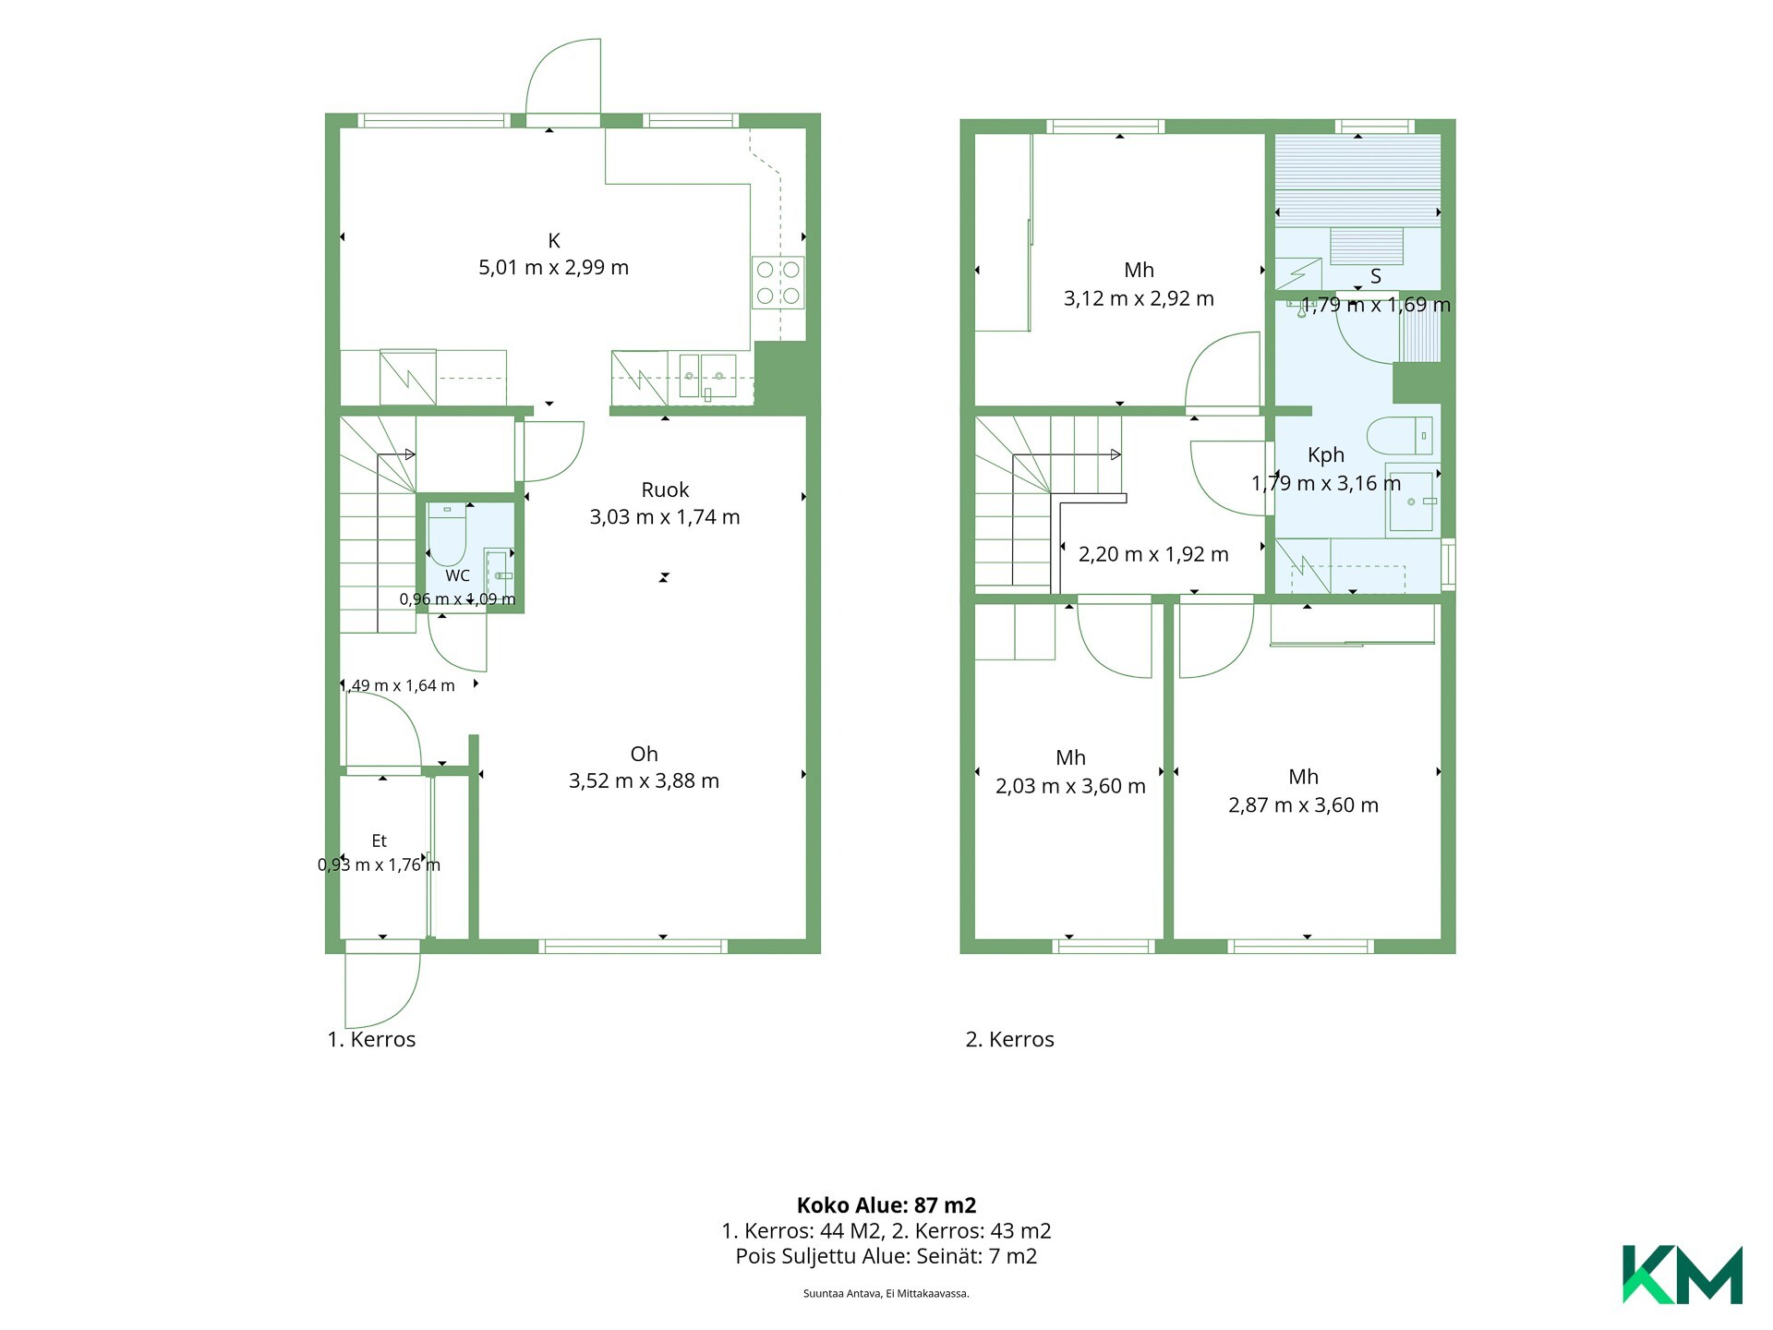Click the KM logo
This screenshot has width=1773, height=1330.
click(1682, 1275)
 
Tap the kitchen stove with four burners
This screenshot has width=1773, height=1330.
click(778, 283)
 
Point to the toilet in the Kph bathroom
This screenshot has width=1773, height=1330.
click(1400, 435)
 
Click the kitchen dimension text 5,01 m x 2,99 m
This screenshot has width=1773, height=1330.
click(553, 268)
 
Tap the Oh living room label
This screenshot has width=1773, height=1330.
click(644, 754)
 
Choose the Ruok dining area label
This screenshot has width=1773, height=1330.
click(665, 490)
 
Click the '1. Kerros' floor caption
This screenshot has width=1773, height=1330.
click(371, 1039)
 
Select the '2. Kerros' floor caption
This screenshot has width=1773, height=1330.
click(1009, 1039)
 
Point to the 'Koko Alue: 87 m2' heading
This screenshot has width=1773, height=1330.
click(886, 1205)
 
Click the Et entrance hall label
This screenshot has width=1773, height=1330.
click(379, 840)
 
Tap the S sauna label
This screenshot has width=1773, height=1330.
click(1376, 276)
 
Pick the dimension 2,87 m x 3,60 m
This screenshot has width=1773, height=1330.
click(1303, 805)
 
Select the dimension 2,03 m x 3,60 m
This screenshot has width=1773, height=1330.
click(1070, 786)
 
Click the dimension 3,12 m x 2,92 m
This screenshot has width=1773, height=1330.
click(1139, 298)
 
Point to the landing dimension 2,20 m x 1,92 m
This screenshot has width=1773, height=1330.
click(1153, 554)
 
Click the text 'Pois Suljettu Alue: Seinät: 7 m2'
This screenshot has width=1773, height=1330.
click(886, 1256)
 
